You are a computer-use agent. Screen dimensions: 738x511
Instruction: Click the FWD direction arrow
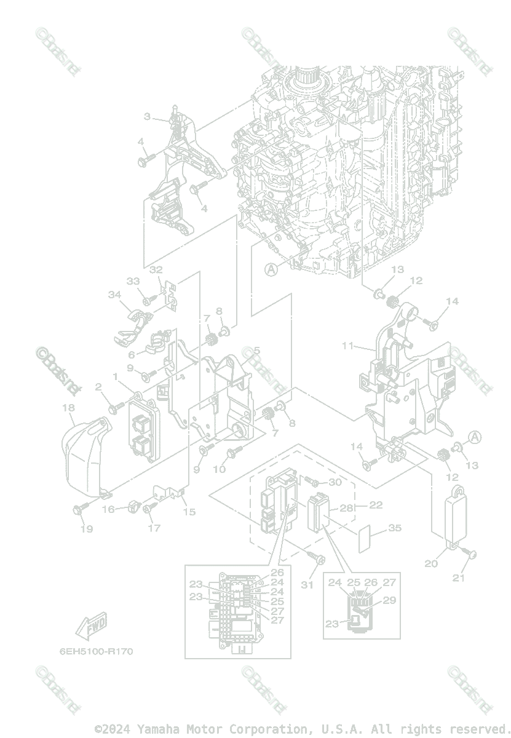pos(90,626)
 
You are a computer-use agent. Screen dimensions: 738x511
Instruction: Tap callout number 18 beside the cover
pos(68,408)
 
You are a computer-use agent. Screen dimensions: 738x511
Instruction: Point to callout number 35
pos(394,528)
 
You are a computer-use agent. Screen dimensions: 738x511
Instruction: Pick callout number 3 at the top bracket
pos(148,116)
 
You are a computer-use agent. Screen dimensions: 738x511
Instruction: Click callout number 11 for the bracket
pos(348,346)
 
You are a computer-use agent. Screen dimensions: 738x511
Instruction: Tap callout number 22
pos(376,505)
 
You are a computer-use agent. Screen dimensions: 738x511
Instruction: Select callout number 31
pos(307,584)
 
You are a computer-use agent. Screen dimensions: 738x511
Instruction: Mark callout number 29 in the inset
pos(389,600)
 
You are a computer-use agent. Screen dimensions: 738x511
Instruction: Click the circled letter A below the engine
pos(271,269)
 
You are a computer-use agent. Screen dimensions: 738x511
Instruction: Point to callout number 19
pos(87,528)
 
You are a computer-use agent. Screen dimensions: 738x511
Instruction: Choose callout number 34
pos(114,295)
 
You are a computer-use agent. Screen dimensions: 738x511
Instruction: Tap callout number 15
pos(189,512)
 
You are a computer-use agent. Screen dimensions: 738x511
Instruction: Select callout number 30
pos(334,483)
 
